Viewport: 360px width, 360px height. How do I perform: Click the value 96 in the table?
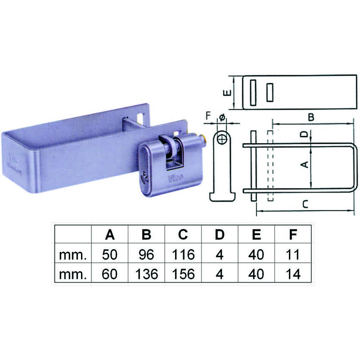tap(147, 255)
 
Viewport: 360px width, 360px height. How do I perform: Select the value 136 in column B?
tap(147, 274)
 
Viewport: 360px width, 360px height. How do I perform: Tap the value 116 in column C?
tap(183, 255)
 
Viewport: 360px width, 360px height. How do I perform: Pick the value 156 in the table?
tap(183, 274)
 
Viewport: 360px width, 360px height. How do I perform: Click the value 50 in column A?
tap(110, 255)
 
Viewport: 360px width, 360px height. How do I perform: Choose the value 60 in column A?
tap(110, 274)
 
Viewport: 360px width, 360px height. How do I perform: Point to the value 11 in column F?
tap(293, 255)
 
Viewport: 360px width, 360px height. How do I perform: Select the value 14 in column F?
tap(293, 274)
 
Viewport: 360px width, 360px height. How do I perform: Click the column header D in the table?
tap(220, 234)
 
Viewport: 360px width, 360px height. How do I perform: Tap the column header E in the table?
tap(256, 234)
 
